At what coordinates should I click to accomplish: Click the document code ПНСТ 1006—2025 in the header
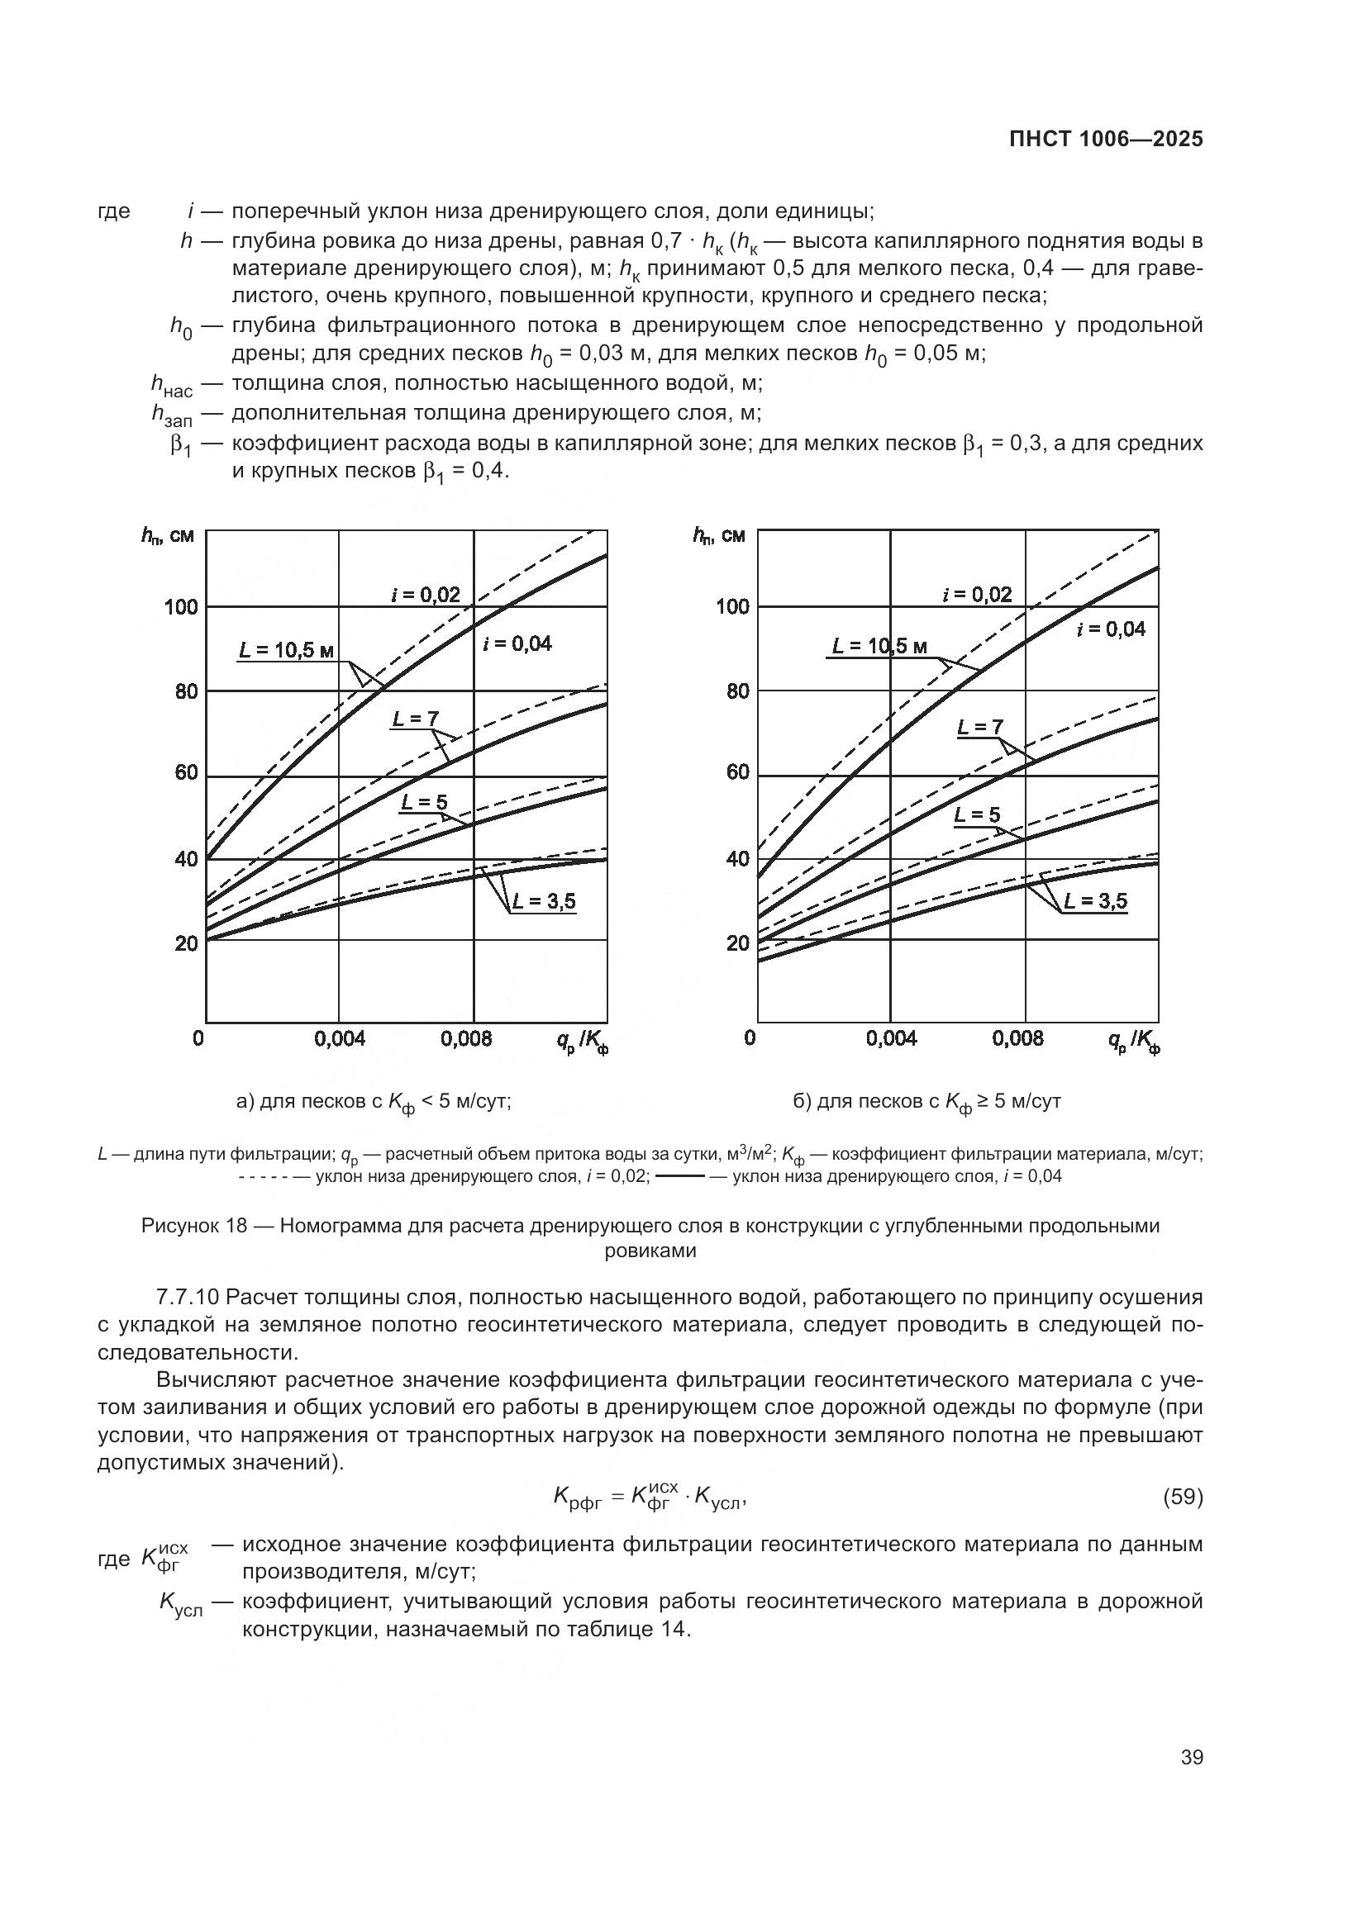coord(1105,139)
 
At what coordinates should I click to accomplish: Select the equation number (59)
coord(1182,1497)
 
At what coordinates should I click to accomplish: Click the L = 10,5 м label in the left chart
coord(286,649)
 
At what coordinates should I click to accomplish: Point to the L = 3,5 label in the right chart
coord(1094,901)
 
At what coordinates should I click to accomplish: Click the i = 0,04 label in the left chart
coord(517,643)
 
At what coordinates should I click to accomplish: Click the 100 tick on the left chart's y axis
coord(181,607)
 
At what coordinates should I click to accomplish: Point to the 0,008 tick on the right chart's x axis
coord(1017,1038)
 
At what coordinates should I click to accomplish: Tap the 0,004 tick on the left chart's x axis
coord(339,1038)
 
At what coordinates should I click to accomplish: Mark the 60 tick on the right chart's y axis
coord(736,773)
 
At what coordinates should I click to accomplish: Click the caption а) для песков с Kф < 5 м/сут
coord(374,1102)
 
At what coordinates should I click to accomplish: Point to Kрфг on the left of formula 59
coord(578,1497)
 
